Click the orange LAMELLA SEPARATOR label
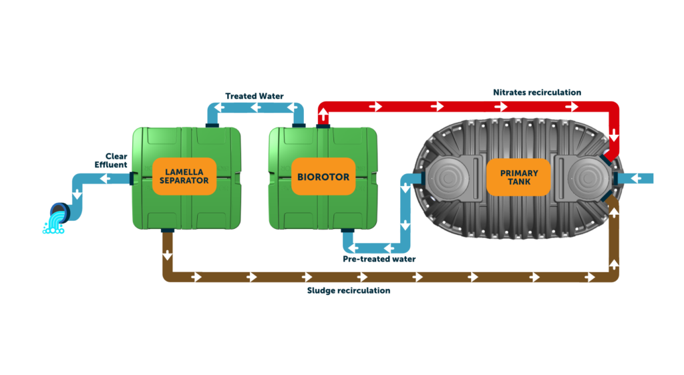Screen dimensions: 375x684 184,176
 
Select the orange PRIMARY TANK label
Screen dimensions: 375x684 519,177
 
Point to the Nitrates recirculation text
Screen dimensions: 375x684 536,91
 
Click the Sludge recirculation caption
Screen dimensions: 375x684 348,291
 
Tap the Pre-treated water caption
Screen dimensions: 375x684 379,259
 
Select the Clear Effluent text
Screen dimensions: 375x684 111,159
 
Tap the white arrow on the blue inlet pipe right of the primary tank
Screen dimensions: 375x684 635,179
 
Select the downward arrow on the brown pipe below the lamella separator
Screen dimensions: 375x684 167,255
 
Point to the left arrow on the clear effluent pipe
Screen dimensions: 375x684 105,179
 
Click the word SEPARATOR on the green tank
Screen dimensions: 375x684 184,181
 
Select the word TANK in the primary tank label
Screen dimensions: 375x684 519,183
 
